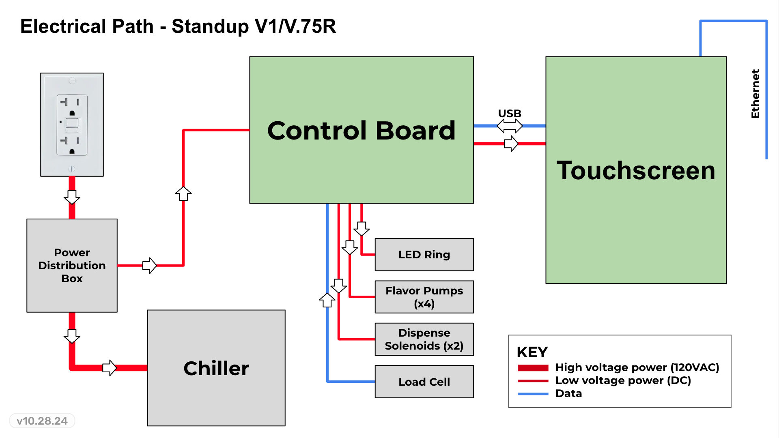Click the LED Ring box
(424, 254)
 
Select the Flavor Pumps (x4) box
(424, 297)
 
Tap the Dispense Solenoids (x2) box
(424, 339)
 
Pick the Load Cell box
(424, 382)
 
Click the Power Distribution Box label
(72, 265)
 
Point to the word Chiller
(216, 368)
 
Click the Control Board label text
(361, 131)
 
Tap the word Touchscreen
(636, 170)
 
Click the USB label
(510, 114)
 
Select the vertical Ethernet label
(755, 94)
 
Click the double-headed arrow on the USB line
(510, 126)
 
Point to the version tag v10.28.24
(42, 421)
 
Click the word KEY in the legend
(532, 352)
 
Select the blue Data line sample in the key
(533, 394)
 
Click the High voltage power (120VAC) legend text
(637, 367)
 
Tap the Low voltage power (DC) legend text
(623, 380)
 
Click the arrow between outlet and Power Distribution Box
(72, 197)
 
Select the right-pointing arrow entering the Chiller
(110, 368)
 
